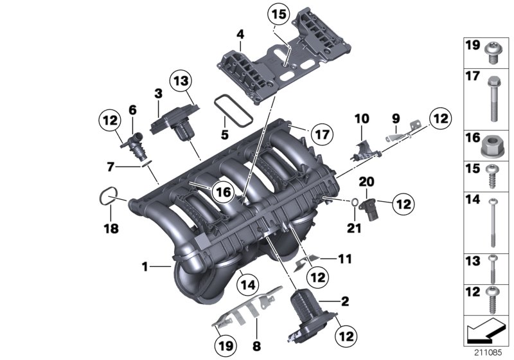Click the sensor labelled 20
pos(371,208)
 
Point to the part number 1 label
pos(145,265)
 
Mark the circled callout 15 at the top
pos(279,14)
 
